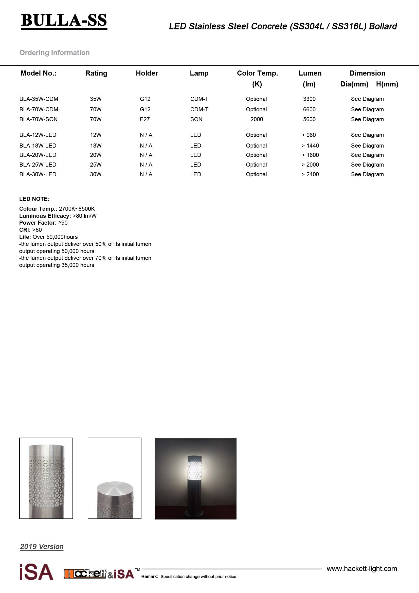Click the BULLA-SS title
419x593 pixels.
click(64, 20)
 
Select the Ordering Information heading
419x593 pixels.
click(54, 53)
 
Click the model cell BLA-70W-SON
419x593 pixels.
click(39, 119)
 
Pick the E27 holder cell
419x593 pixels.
click(144, 119)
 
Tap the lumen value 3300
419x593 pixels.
click(309, 99)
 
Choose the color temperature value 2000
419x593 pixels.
click(256, 119)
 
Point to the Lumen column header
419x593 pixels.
click(310, 73)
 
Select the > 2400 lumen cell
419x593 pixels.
click(310, 174)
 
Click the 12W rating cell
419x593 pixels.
click(96, 135)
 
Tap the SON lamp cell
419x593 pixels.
click(196, 119)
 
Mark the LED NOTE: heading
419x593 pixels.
click(34, 199)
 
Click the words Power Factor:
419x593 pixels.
click(38, 223)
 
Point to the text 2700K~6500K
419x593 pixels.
click(77, 209)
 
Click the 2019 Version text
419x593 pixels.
click(42, 547)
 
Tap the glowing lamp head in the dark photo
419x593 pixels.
click(195, 470)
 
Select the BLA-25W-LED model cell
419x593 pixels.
click(38, 165)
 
